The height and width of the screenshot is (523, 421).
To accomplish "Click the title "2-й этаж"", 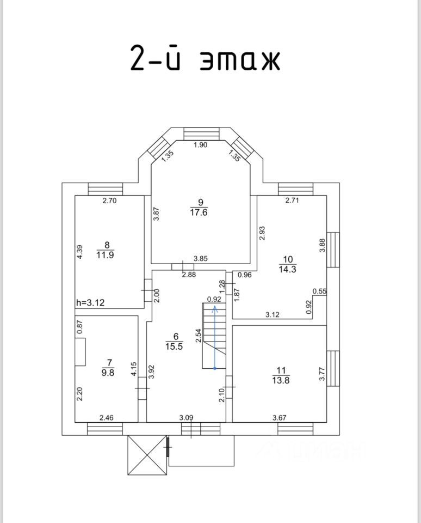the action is tap(205, 59).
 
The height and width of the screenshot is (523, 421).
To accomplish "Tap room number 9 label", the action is tap(201, 203).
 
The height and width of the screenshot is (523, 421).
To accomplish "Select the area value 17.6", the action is tap(201, 212).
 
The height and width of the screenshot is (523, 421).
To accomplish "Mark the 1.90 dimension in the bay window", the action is tap(201, 145).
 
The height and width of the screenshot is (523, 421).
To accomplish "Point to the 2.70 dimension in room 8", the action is tap(110, 200).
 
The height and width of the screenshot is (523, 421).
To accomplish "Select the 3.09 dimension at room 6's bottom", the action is tap(186, 418).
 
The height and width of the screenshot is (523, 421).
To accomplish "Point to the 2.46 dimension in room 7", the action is tap(107, 418).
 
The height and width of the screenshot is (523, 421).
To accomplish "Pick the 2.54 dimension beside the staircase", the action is tap(199, 334).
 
